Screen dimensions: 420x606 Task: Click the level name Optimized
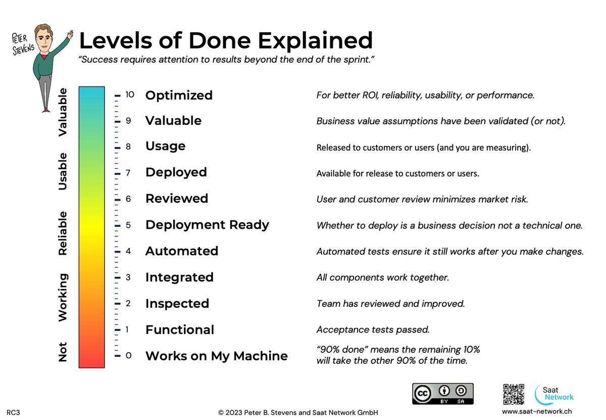(179, 95)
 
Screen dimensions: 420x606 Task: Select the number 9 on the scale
(128, 121)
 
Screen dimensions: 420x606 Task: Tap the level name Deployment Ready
(207, 225)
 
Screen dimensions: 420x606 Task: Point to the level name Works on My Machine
(216, 356)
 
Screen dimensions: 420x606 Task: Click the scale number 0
(128, 356)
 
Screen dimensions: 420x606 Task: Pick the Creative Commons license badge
(443, 394)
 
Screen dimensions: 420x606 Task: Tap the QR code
(514, 394)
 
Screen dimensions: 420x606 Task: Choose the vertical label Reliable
(63, 234)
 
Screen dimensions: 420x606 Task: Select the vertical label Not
(63, 352)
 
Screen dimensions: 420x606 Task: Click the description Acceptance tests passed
(373, 330)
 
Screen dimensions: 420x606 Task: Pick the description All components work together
(382, 277)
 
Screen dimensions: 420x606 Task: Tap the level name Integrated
(179, 277)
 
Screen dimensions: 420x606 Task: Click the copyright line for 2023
(298, 412)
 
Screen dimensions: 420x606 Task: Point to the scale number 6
(128, 199)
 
